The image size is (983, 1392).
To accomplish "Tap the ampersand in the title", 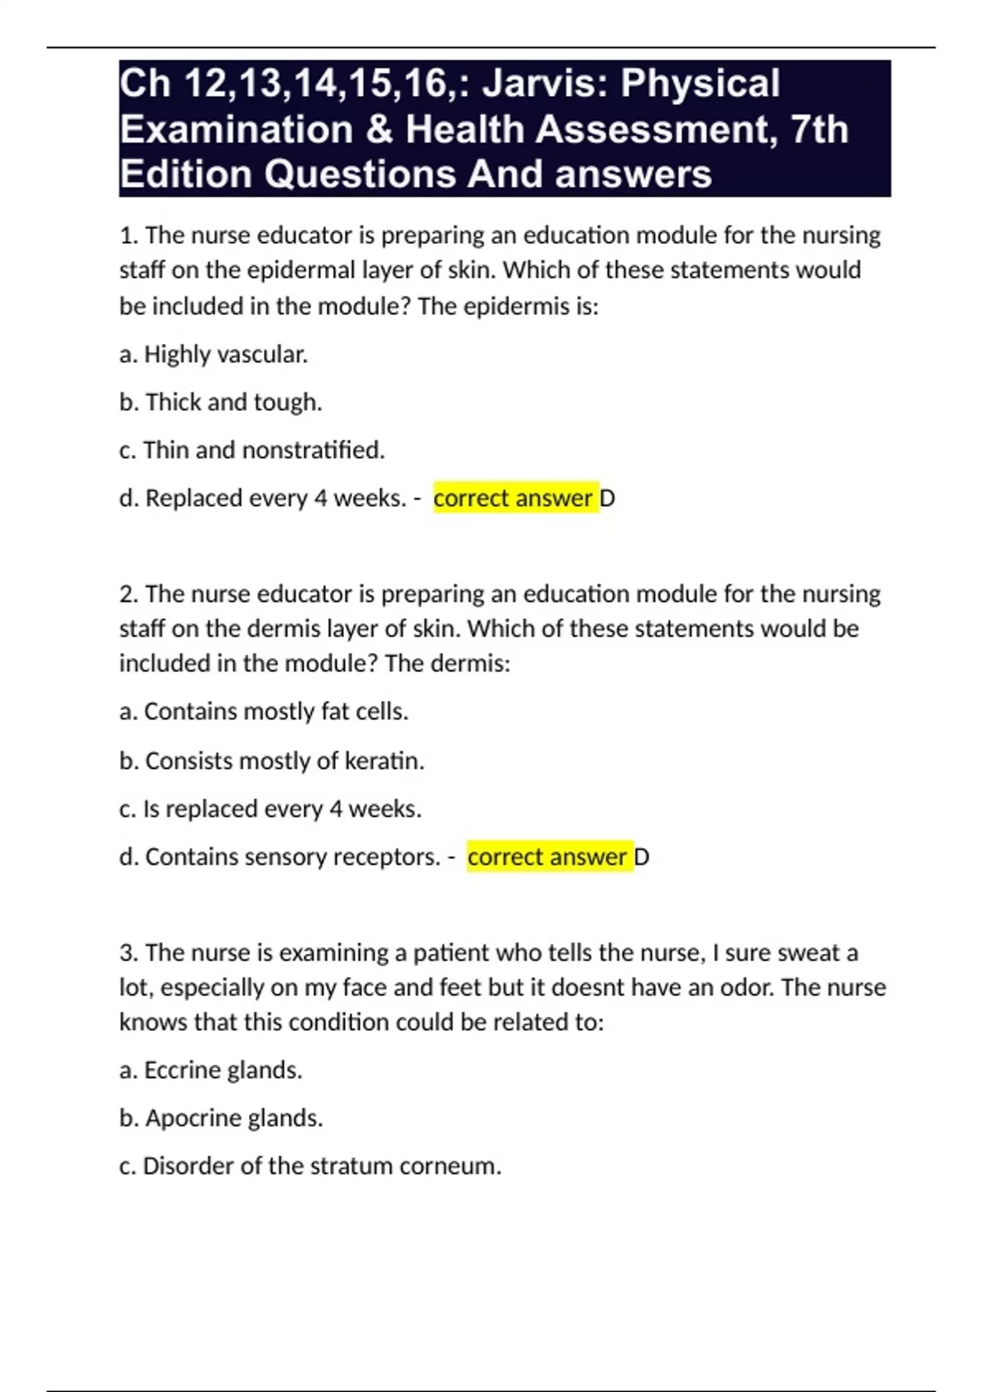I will click(x=380, y=129).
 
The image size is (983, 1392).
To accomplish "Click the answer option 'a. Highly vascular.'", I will click(x=213, y=355).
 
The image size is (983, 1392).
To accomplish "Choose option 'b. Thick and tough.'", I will click(x=220, y=402).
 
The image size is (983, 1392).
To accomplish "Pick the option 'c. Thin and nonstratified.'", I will click(x=251, y=450).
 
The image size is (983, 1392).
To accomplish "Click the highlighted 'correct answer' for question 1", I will click(x=513, y=498).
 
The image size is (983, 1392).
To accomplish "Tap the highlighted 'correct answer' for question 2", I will click(x=547, y=857).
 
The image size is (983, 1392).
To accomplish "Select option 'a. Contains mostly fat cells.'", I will click(x=263, y=712).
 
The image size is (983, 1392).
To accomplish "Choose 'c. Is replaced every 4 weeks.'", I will click(x=270, y=809).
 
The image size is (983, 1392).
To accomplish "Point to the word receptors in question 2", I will click(x=394, y=857).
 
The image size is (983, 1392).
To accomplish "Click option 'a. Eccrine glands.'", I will click(x=211, y=1070).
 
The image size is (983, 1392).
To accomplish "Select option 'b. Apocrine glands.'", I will click(x=220, y=1118).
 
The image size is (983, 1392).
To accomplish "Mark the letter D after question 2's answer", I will click(x=642, y=857).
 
